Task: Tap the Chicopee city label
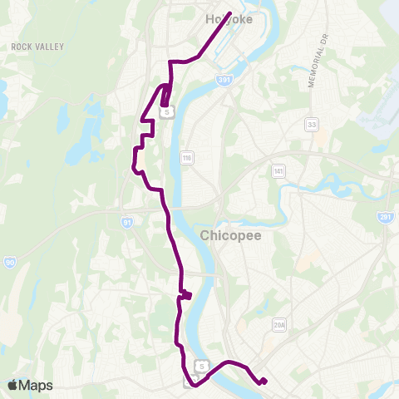point(230,236)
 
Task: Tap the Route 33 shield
point(312,124)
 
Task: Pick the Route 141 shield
point(278,170)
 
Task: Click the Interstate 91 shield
point(126,222)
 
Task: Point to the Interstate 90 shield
point(8,262)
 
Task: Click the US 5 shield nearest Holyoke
point(169,111)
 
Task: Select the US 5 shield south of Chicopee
point(200,365)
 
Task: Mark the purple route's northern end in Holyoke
point(229,12)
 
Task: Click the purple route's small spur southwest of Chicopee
point(188,294)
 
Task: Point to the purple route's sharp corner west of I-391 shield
point(171,62)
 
